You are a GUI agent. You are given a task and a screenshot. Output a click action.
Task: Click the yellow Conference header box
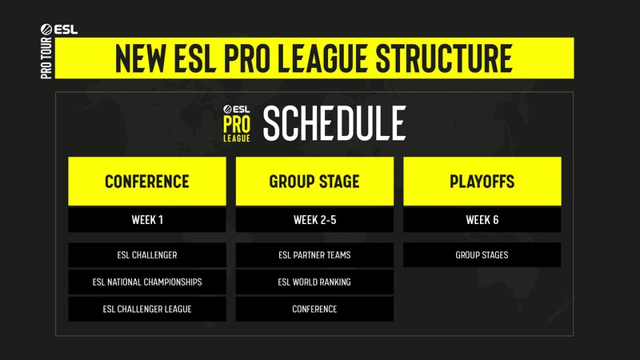tap(147, 181)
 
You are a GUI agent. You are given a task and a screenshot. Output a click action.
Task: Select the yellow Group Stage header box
tap(314, 181)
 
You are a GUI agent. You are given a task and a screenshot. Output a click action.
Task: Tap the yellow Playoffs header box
tap(482, 181)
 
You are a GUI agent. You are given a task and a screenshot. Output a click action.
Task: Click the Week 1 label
tap(147, 220)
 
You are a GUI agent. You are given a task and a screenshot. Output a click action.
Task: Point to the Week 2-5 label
tap(314, 220)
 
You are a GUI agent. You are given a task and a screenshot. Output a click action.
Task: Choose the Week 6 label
tap(482, 220)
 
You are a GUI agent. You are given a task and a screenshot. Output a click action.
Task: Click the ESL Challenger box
tap(147, 255)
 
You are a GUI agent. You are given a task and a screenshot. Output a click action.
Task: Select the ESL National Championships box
tap(147, 282)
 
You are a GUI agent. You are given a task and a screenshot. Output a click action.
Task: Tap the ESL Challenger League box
tap(147, 309)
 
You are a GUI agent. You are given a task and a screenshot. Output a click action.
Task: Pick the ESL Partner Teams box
tap(314, 255)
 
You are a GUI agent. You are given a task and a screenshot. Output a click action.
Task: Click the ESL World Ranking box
tap(314, 282)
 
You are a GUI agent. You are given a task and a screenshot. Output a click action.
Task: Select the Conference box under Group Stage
tap(314, 309)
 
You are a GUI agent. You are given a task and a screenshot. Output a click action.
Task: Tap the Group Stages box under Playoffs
tap(482, 255)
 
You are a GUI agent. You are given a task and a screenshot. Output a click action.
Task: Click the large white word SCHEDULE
tap(334, 123)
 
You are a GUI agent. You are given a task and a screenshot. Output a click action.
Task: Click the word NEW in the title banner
tap(143, 57)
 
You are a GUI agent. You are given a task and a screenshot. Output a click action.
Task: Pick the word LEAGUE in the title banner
tap(317, 57)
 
